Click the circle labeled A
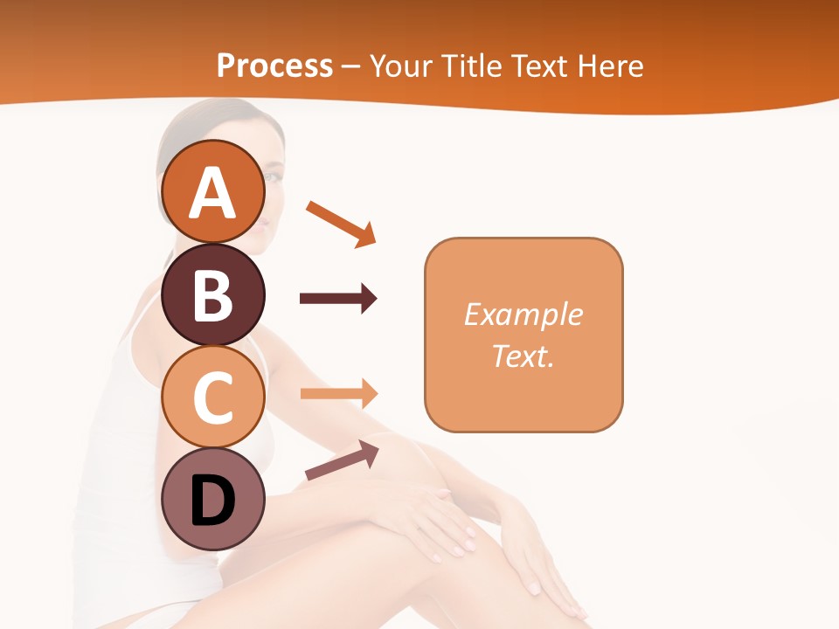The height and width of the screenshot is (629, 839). coord(212,191)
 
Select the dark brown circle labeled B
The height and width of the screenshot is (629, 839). coord(212,294)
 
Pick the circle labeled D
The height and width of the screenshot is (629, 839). coord(212,501)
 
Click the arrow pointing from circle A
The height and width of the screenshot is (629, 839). coord(341,223)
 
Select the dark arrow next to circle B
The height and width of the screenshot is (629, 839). coord(337,299)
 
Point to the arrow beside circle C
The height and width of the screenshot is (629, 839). coord(337,394)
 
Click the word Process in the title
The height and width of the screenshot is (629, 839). coord(274,66)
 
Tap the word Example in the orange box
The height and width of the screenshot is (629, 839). coord(524,314)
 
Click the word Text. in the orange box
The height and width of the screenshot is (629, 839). coord(524,356)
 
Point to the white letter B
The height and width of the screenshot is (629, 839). coord(212,295)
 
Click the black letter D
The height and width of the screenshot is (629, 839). coord(212,501)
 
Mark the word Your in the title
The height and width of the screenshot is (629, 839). coord(402,66)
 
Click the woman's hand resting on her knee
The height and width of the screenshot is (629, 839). coord(437,515)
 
